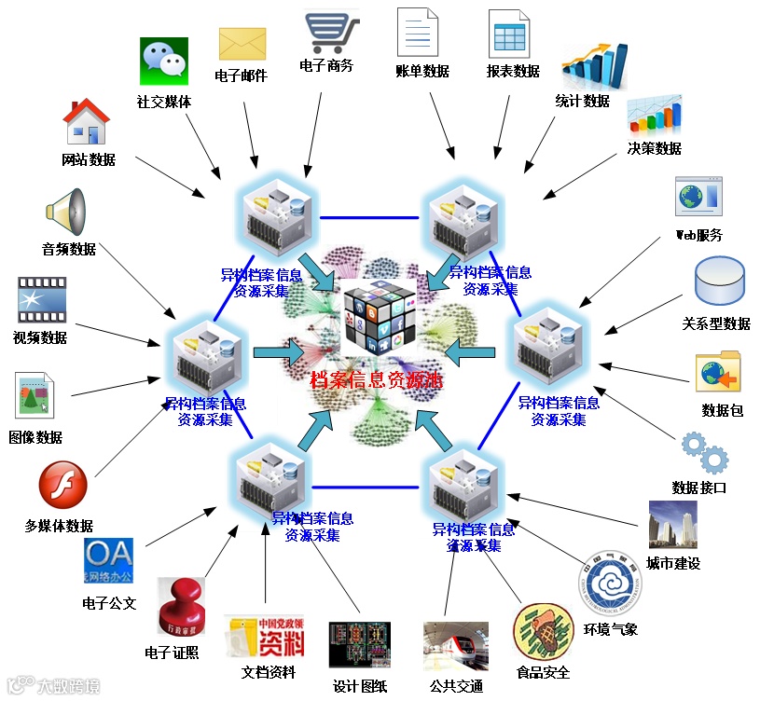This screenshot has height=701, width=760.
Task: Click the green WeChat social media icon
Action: pyautogui.click(x=163, y=62)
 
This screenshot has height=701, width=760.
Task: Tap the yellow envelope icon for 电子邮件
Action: pyautogui.click(x=242, y=43)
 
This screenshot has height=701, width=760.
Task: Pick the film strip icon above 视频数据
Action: pyautogui.click(x=42, y=300)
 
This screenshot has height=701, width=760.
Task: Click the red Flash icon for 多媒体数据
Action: pyautogui.click(x=62, y=486)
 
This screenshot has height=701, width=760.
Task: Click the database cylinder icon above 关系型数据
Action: pyautogui.click(x=720, y=282)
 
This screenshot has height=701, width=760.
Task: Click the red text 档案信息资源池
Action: pyautogui.click(x=377, y=380)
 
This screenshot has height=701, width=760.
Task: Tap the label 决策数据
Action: pyautogui.click(x=655, y=148)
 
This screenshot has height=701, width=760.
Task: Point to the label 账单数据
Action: pyautogui.click(x=421, y=71)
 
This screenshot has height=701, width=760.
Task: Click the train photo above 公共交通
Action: pyautogui.click(x=455, y=645)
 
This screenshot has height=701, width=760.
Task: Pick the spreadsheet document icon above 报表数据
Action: pyautogui.click(x=509, y=34)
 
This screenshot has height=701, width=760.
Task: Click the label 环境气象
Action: pyautogui.click(x=611, y=628)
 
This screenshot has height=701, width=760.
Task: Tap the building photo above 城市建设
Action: pyautogui.click(x=672, y=525)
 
